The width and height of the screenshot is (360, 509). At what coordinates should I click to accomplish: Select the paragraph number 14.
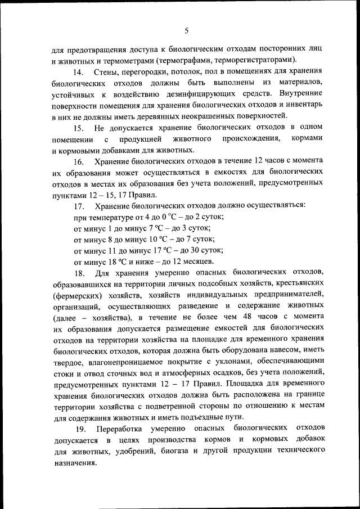click(x=79, y=73)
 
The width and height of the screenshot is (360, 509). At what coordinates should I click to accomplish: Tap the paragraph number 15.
click(x=79, y=128)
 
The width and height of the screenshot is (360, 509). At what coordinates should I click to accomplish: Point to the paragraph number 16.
click(x=79, y=162)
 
